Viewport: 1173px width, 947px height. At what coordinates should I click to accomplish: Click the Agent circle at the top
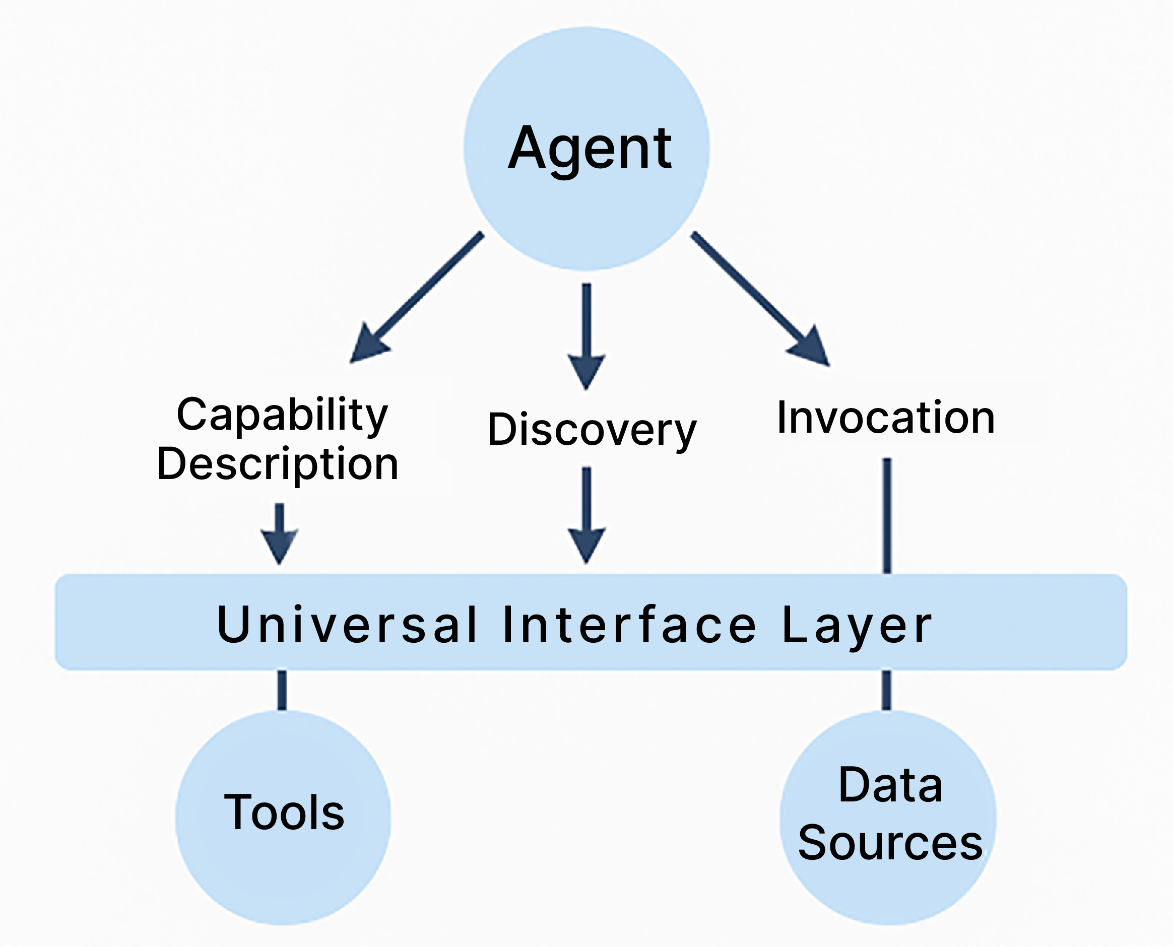pyautogui.click(x=586, y=149)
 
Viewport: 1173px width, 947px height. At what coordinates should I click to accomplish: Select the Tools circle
pyautogui.click(x=283, y=818)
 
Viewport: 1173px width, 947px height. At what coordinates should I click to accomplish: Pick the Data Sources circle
pyautogui.click(x=888, y=818)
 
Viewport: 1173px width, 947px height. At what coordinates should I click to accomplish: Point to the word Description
pyautogui.click(x=278, y=465)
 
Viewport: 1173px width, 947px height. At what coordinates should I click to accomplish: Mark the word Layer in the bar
pyautogui.click(x=857, y=627)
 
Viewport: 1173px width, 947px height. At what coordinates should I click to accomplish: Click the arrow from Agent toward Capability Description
pyautogui.click(x=416, y=297)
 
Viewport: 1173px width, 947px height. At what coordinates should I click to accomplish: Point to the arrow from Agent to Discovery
pyautogui.click(x=586, y=336)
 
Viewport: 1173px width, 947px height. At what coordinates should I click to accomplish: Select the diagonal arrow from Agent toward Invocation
pyautogui.click(x=760, y=299)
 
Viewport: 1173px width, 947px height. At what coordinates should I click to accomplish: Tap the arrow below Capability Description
pyautogui.click(x=279, y=534)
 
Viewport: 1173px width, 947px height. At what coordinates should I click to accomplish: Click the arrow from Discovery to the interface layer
pyautogui.click(x=586, y=515)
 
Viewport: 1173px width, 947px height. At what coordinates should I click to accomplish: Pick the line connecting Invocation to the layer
pyautogui.click(x=887, y=516)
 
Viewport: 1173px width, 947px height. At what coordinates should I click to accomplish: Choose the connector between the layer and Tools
pyautogui.click(x=282, y=690)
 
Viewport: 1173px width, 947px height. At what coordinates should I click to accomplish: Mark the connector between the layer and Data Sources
pyautogui.click(x=887, y=690)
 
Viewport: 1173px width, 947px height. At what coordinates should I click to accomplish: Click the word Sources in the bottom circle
pyautogui.click(x=890, y=843)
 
